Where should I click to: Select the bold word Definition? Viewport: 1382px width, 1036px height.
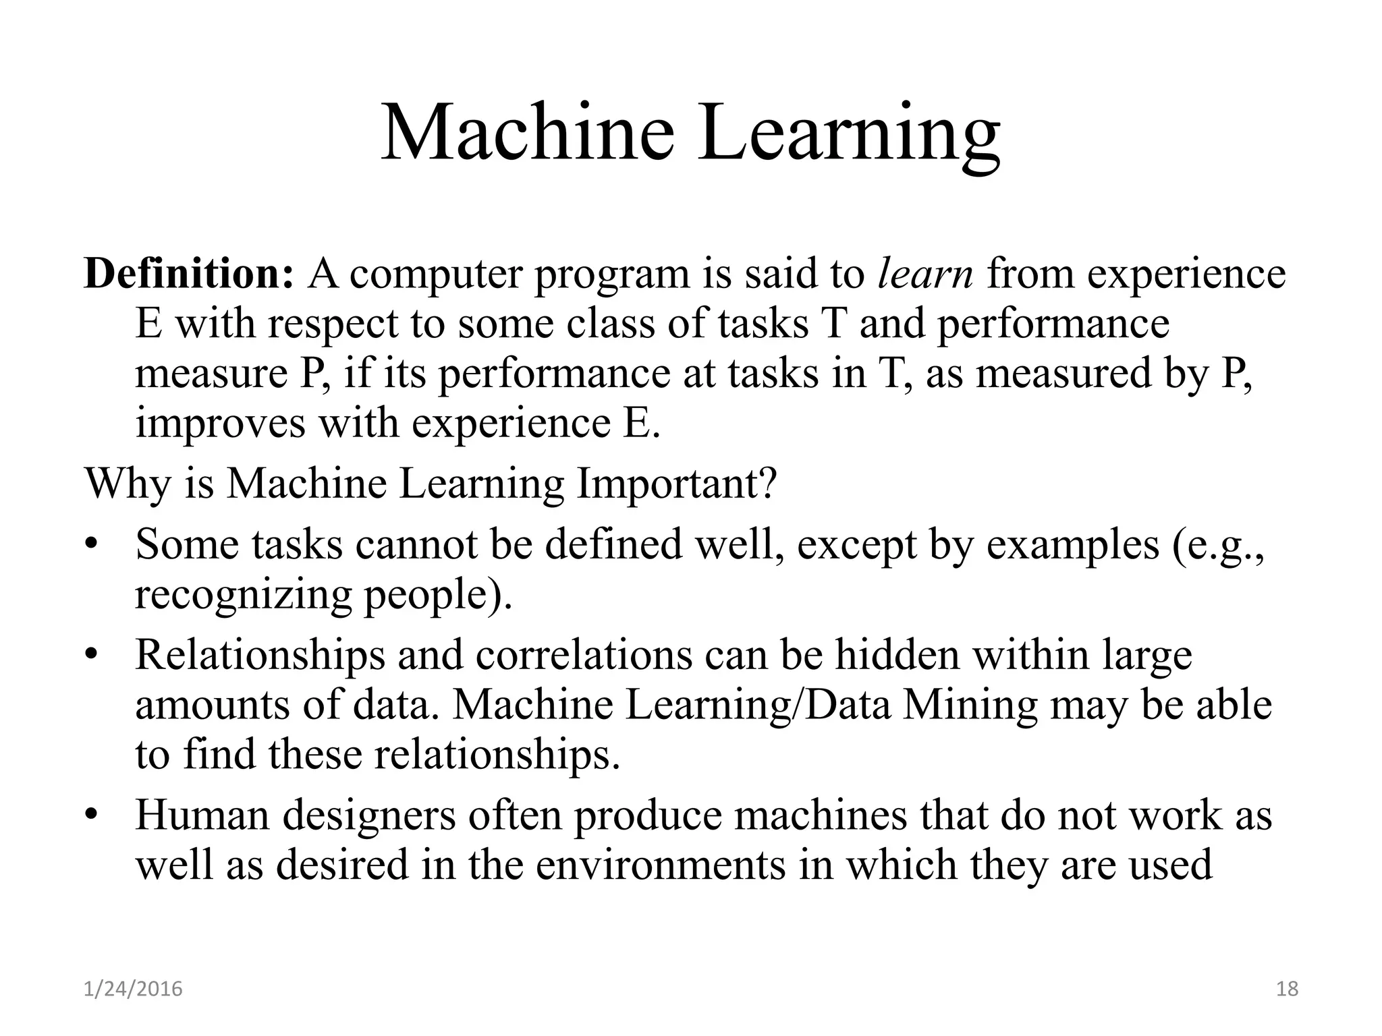point(189,274)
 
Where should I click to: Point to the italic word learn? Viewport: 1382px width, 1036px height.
point(925,274)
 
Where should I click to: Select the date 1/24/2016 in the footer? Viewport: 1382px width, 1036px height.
point(133,989)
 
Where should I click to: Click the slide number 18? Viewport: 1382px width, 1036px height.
point(1288,989)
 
